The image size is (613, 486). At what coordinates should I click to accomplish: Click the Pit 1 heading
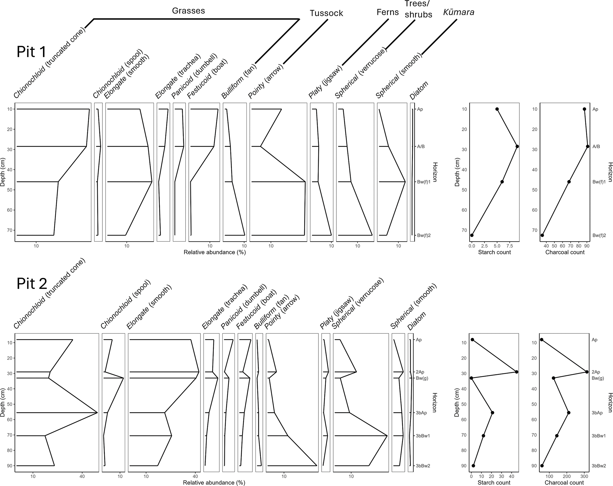(31, 52)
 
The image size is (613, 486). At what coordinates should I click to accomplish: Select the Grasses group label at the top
(188, 11)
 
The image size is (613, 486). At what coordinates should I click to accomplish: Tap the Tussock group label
(326, 13)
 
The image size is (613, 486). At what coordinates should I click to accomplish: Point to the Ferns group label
(388, 12)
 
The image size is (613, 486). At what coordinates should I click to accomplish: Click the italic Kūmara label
(458, 12)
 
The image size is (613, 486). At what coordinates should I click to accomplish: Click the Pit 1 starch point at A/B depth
(517, 146)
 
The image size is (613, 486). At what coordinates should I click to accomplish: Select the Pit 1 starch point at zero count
(472, 235)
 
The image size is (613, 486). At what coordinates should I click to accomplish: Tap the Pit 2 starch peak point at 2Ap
(517, 372)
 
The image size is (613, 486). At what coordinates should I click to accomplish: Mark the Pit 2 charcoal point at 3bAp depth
(569, 413)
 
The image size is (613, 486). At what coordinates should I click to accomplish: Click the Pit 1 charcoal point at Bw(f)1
(569, 182)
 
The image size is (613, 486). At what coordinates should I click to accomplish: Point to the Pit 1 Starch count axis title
(494, 252)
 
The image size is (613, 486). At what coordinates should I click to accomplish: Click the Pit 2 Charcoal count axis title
(564, 483)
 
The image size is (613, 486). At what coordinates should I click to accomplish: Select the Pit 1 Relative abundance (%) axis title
(215, 252)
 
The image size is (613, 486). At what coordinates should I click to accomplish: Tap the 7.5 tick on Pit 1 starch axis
(509, 246)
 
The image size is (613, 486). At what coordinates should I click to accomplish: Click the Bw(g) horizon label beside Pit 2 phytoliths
(422, 378)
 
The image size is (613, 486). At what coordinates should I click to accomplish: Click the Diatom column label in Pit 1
(419, 91)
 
